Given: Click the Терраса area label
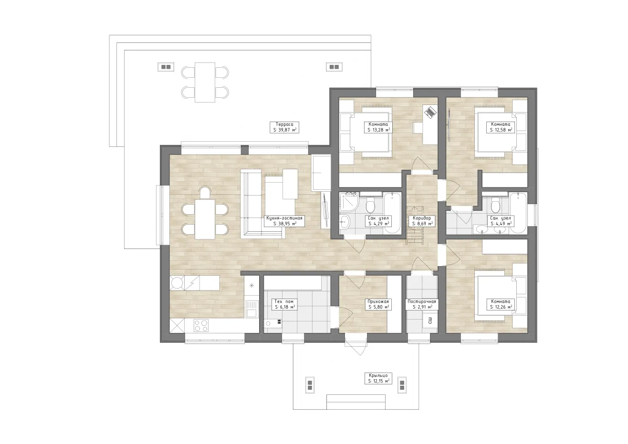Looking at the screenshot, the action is click(x=284, y=127).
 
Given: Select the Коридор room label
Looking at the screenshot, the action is click(x=422, y=221).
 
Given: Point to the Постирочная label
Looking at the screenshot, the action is click(x=422, y=304).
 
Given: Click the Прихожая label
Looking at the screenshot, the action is click(x=378, y=304).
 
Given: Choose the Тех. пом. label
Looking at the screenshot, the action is click(x=284, y=304).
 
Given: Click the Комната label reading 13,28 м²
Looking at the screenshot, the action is click(x=378, y=127).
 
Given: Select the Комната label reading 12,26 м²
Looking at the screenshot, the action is click(x=501, y=304).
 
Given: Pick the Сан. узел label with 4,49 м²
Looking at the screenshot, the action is click(x=501, y=221).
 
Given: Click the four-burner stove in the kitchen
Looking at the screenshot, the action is click(x=201, y=326).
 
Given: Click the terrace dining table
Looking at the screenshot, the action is click(x=205, y=83).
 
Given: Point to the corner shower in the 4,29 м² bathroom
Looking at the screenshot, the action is click(x=349, y=202).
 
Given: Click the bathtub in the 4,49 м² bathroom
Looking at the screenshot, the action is click(x=518, y=213).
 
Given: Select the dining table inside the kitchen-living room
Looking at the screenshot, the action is click(x=205, y=219).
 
